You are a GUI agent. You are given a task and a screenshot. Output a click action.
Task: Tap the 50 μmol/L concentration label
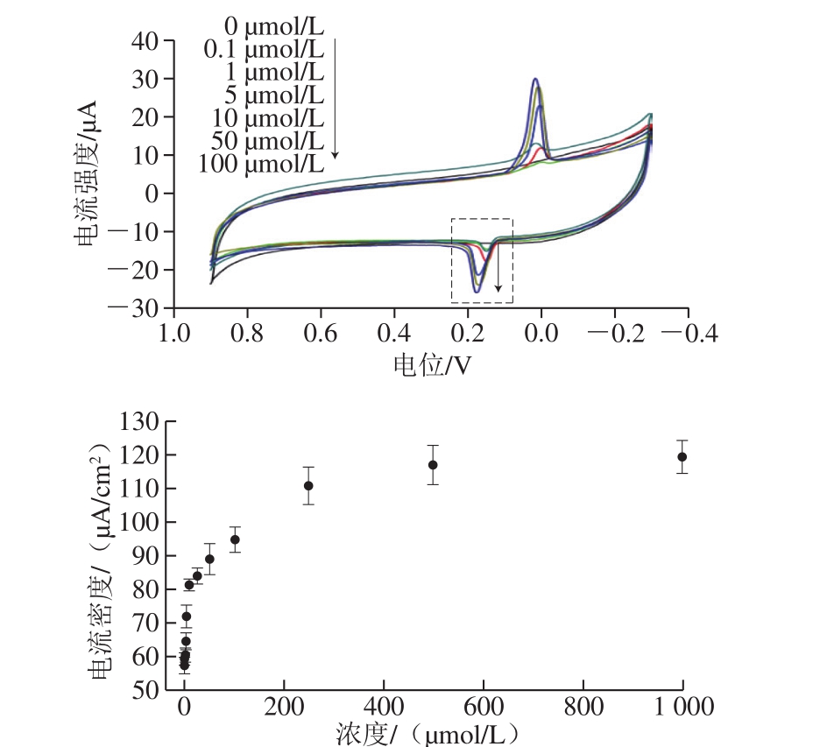pyautogui.click(x=270, y=140)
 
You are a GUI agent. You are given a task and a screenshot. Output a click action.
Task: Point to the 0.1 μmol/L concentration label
pyautogui.click(x=264, y=49)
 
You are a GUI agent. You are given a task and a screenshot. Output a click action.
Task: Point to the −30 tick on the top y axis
pyautogui.click(x=142, y=309)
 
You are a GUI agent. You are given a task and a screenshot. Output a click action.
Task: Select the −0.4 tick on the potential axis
pyautogui.click(x=689, y=334)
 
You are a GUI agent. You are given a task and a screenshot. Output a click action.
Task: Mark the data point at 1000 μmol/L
pyautogui.click(x=682, y=456)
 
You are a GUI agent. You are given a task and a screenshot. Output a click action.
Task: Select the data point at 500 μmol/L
pyautogui.click(x=433, y=464)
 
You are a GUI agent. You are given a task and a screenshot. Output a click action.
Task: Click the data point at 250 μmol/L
pyautogui.click(x=308, y=485)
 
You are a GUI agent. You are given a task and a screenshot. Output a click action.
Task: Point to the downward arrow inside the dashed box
pyautogui.click(x=498, y=271)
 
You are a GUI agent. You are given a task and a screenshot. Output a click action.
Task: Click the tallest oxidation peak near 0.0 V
pyautogui.click(x=535, y=80)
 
